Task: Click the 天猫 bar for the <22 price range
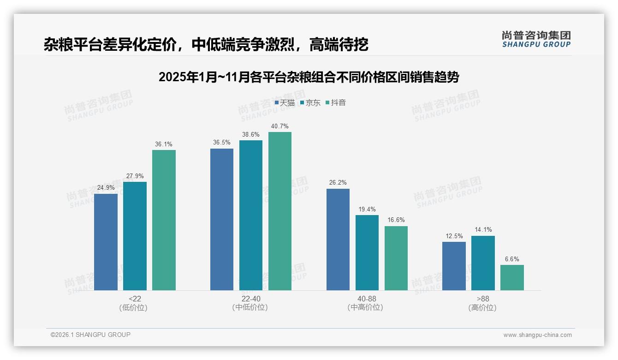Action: (106, 242)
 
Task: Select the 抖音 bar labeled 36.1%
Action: (164, 220)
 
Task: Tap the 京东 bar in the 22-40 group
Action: (251, 215)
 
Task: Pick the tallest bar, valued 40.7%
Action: (280, 211)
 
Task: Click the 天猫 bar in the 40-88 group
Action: (338, 240)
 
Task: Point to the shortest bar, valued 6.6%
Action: (512, 277)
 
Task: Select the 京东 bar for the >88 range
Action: (483, 263)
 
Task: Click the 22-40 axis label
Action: (251, 299)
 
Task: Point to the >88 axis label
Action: (483, 299)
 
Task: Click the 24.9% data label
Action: (106, 188)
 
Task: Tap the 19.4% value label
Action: (367, 209)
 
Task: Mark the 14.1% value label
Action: (483, 230)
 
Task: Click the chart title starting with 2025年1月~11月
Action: (309, 77)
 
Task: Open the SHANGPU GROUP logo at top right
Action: (536, 39)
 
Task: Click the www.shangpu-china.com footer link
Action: (537, 335)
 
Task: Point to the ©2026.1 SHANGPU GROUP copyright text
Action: (90, 335)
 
